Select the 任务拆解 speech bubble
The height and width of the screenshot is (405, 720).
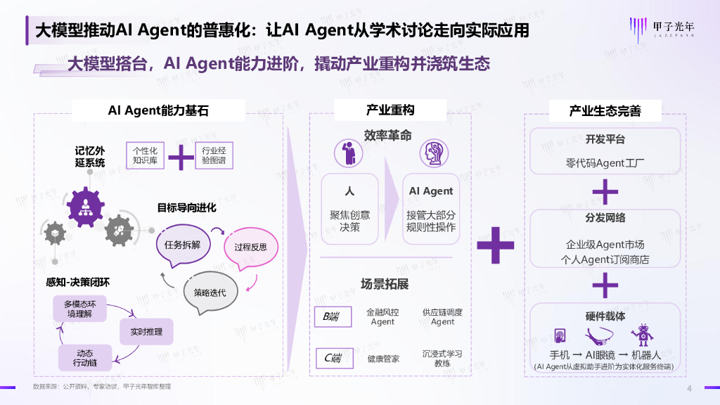183,245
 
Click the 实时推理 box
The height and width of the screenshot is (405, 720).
146,330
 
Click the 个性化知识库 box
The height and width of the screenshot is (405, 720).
145,155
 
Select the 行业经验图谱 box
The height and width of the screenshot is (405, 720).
214,155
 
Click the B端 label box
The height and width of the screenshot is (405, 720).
333,317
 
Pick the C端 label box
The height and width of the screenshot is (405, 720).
333,359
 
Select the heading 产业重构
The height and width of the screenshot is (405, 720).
390,110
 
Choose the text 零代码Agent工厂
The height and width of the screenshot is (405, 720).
605,163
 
